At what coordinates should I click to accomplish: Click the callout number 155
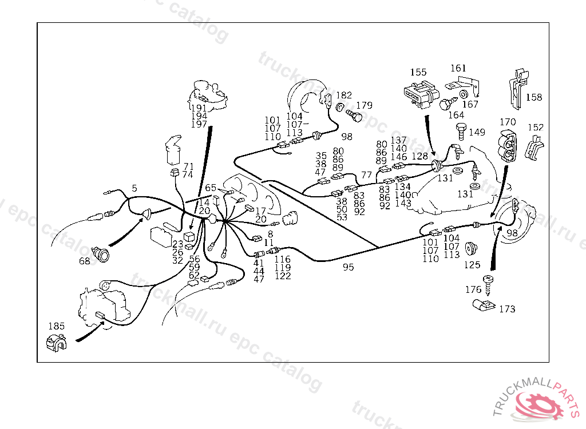418,72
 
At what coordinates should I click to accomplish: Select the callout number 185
57,326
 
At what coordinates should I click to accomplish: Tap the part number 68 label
85,261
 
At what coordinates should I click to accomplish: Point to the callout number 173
507,309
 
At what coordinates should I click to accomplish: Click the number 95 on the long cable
349,267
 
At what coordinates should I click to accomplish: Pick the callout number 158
534,98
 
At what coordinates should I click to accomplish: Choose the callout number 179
364,105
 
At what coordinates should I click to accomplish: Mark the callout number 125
472,265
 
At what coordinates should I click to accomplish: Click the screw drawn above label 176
488,285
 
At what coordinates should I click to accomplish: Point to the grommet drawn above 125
472,248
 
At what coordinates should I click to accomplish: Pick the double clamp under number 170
508,146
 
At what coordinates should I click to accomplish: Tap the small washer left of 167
464,94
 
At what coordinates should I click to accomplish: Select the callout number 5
134,188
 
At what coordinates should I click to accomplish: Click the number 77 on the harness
367,175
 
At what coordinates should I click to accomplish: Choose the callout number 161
458,69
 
